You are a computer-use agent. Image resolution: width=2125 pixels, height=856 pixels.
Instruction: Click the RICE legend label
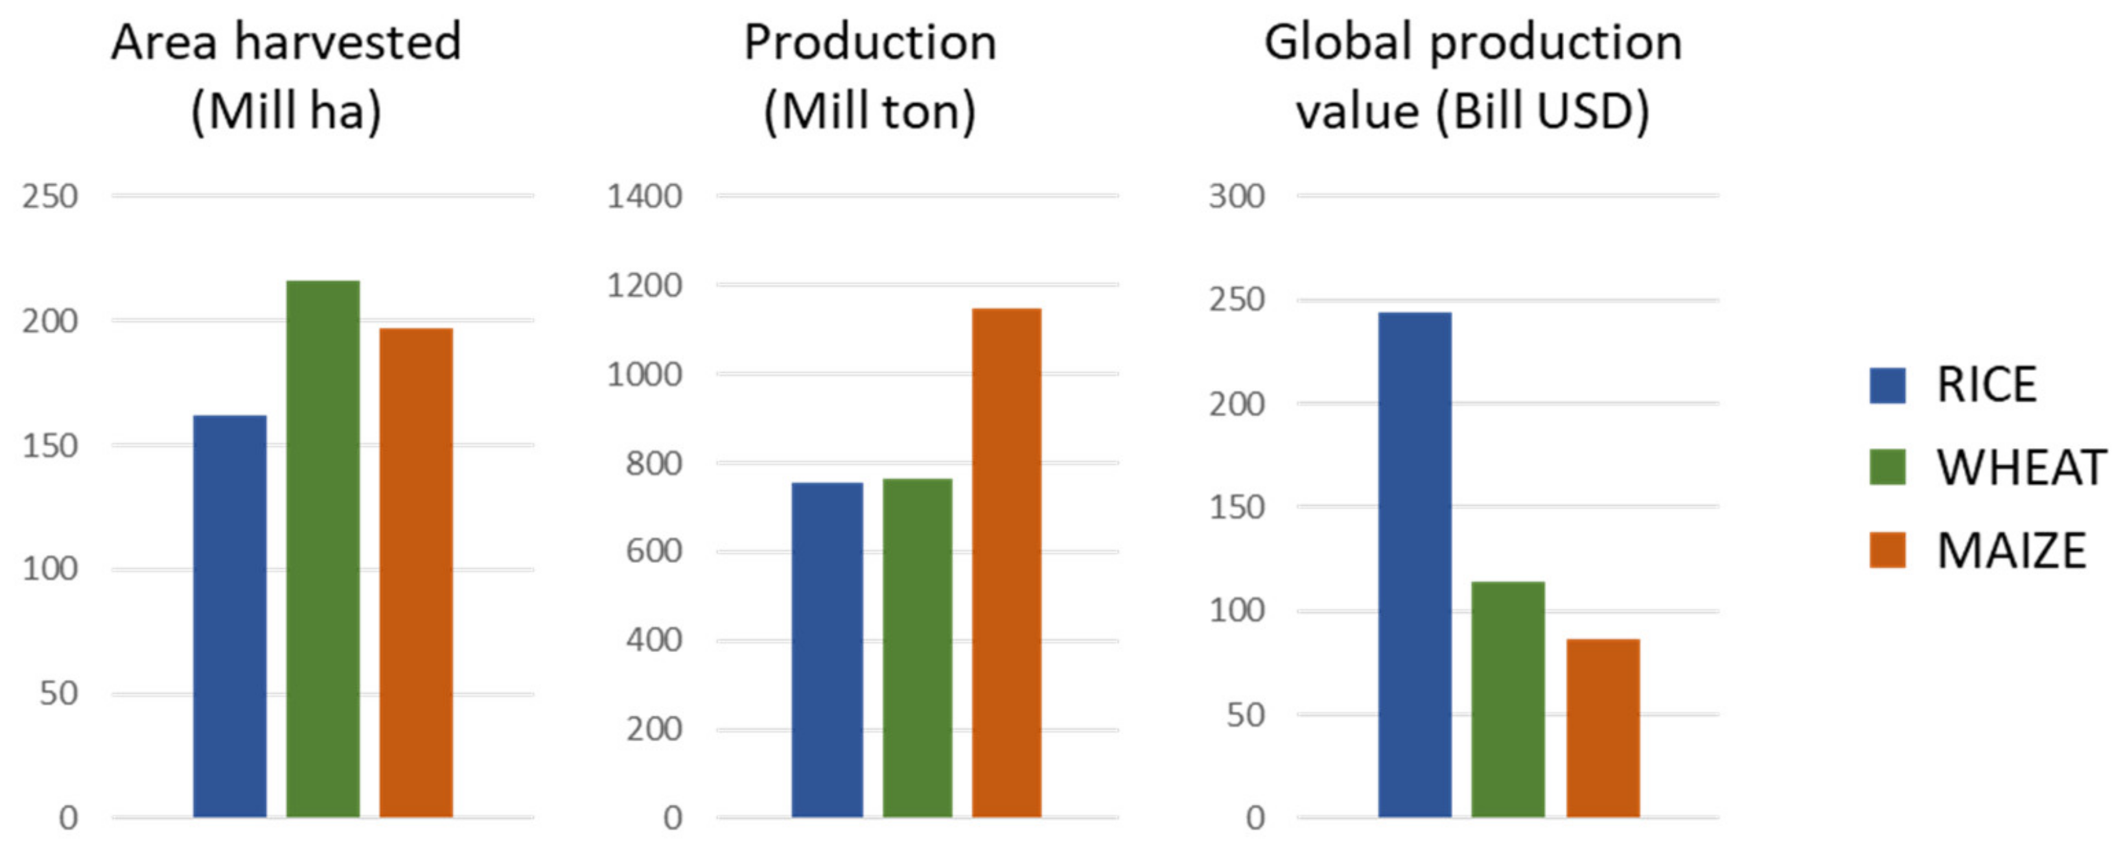(1986, 385)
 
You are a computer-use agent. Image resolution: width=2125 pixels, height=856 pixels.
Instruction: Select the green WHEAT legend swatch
(1887, 467)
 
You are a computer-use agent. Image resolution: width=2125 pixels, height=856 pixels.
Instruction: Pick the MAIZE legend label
(2010, 551)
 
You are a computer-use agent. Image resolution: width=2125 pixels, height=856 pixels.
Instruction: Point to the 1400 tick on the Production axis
(645, 196)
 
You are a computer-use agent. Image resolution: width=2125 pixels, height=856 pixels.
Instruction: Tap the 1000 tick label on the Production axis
(645, 374)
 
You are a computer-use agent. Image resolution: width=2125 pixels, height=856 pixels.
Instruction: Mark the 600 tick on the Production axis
(653, 551)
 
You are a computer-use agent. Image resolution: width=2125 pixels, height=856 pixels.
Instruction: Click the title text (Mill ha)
(286, 111)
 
